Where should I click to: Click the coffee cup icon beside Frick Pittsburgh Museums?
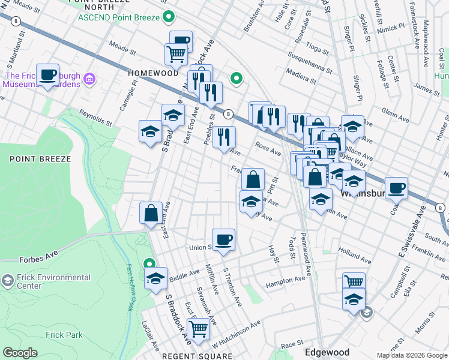pos(47,76)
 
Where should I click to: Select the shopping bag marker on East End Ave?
pos(151,213)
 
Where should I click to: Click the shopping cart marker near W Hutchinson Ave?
pos(197,328)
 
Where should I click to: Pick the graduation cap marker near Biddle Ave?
pos(155,279)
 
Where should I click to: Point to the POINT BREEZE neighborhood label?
pos(40,159)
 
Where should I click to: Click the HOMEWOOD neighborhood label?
pos(153,73)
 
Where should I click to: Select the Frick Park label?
pos(65,335)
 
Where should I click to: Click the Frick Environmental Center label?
pos(54,281)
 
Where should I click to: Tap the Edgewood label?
pos(327,352)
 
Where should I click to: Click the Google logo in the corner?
pos(20,353)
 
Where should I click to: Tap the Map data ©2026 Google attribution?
pos(412,355)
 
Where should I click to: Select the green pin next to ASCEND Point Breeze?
pos(169,17)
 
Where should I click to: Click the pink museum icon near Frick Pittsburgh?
pos(89,79)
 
